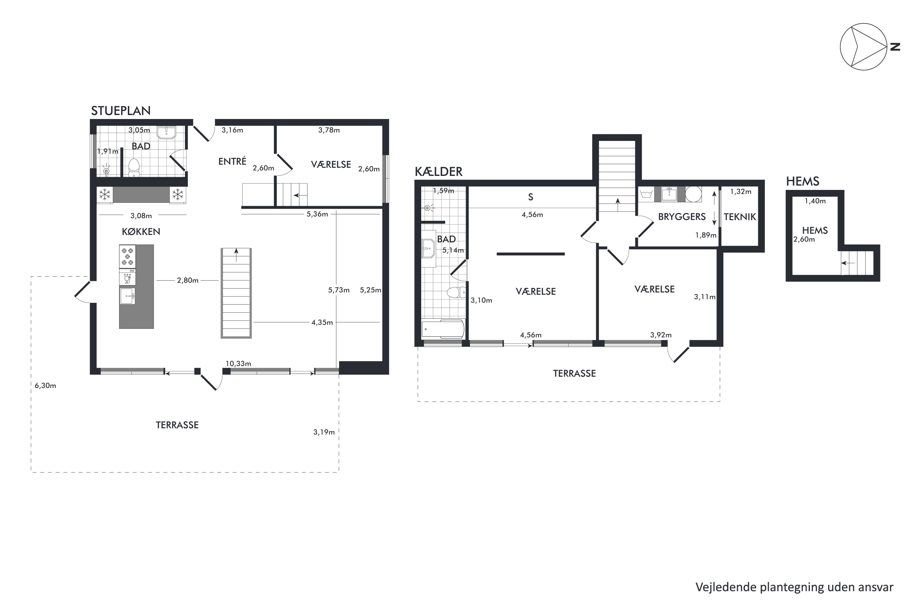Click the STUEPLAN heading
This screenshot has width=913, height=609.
121,111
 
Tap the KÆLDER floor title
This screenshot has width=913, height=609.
439,171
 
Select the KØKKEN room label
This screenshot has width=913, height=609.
141,232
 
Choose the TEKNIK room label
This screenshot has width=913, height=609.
740,217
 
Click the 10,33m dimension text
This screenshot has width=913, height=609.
238,363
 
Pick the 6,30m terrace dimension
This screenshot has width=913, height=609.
45,386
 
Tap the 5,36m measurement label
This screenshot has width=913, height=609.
317,214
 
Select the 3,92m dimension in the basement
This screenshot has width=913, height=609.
661,335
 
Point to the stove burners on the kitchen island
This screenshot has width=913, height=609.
128,256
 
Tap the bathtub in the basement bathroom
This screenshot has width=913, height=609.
443,329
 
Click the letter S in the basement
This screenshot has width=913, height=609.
530,197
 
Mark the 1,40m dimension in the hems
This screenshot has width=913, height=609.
815,201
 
